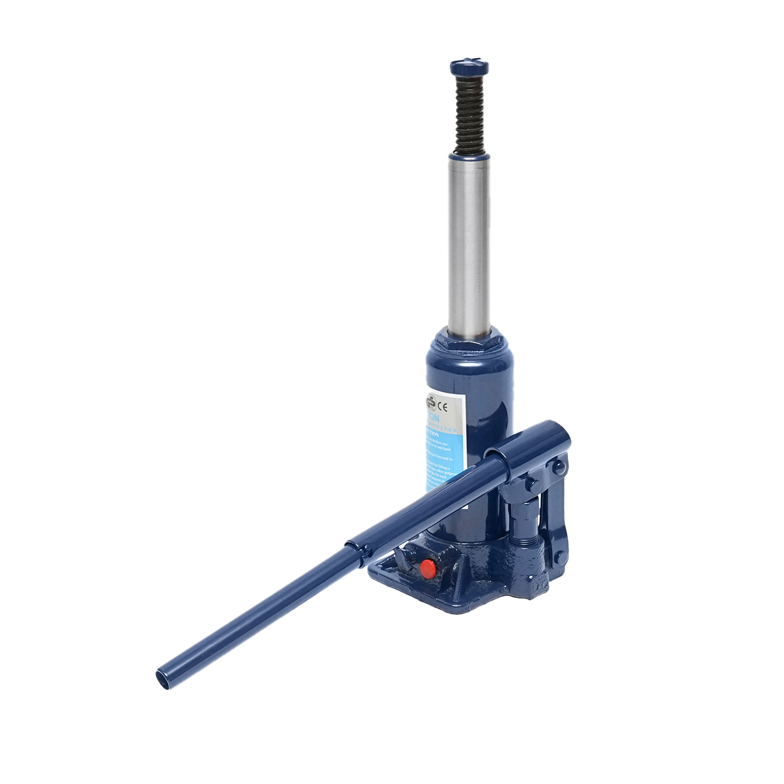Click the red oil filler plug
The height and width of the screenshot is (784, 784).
coord(427,568)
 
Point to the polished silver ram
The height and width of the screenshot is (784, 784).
coord(468,248)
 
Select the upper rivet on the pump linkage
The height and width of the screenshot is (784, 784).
coord(558,467)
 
